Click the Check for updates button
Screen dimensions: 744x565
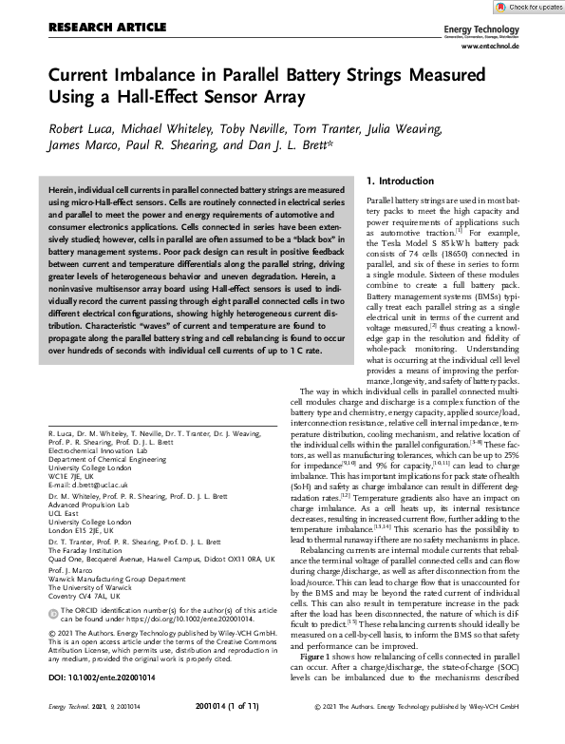[x=527, y=7]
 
